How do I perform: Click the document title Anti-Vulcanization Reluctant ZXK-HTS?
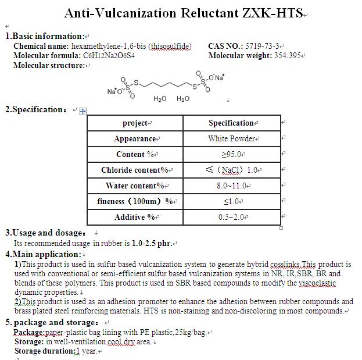click(x=184, y=13)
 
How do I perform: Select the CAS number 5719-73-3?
click(x=263, y=46)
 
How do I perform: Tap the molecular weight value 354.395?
click(x=288, y=56)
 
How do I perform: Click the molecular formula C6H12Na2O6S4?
click(x=109, y=56)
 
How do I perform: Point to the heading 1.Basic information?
click(x=45, y=36)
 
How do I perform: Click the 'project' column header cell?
click(x=135, y=123)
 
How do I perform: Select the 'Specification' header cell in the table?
click(x=231, y=123)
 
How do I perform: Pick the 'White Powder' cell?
click(x=231, y=138)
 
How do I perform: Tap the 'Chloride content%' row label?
click(x=134, y=170)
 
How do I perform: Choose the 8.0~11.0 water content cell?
click(x=232, y=186)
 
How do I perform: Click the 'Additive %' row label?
click(x=134, y=217)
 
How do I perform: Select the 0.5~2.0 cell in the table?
click(x=232, y=217)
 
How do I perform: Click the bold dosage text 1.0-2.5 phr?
click(x=152, y=243)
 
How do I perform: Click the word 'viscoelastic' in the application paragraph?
click(x=317, y=283)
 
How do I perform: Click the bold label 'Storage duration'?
click(x=43, y=351)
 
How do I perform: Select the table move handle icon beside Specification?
click(x=83, y=111)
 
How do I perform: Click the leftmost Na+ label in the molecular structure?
click(x=112, y=91)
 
